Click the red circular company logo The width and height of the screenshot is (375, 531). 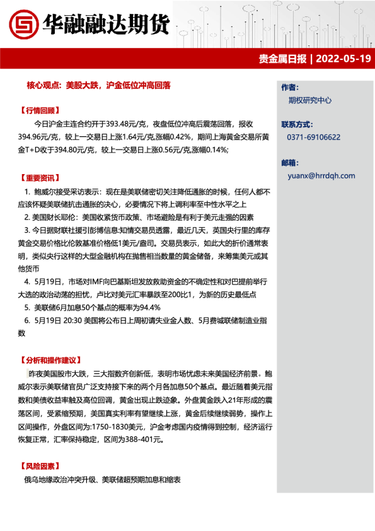[23, 25]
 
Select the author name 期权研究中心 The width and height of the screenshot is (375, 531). [310, 100]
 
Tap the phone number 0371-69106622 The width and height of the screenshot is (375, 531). [314, 137]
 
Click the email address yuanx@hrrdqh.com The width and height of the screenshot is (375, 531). [321, 176]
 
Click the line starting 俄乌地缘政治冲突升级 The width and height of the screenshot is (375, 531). [102, 480]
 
